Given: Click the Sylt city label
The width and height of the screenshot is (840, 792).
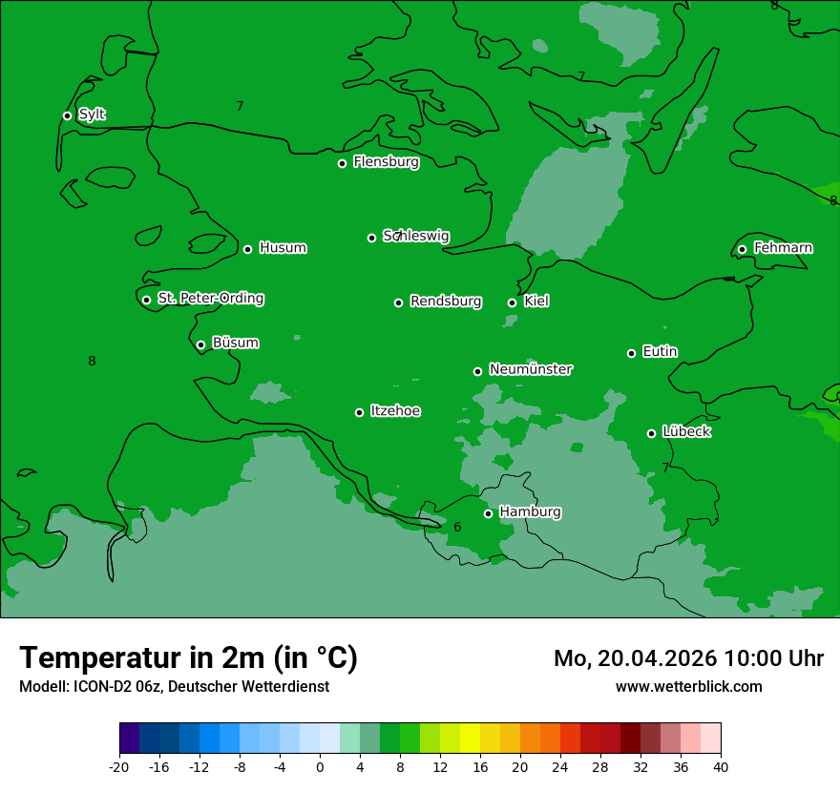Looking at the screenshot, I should pos(92,115).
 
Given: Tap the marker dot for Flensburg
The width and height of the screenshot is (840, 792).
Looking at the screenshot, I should pos(342,163).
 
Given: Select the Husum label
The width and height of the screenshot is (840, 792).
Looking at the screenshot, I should pos(283,248).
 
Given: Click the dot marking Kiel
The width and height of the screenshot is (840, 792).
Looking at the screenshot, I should pos(513,302).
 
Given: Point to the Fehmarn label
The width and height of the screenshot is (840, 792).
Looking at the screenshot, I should pos(783,248).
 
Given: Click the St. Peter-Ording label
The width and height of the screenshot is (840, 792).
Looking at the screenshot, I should pos(210,299).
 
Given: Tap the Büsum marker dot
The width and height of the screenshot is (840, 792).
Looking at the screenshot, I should pos(200,345).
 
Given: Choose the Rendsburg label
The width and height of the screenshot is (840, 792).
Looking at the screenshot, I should pos(445,302).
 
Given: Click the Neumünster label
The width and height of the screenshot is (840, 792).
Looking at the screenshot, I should pos(530,369).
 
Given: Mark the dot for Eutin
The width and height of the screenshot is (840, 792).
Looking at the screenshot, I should pos(631,353).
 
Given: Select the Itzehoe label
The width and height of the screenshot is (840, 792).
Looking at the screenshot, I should pos(394,411).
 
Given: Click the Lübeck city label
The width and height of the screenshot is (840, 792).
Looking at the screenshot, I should pos(685,431).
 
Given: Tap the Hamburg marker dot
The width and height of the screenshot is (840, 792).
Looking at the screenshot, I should pos(488,513).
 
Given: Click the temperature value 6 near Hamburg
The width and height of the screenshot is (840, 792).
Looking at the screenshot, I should pos(457,527).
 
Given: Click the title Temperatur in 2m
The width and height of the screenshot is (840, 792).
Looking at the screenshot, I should pos(188,657).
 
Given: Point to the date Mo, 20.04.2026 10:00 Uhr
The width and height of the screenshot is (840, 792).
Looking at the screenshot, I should pos(688,658).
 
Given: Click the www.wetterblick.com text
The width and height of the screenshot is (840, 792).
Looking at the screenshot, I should pos(688,686).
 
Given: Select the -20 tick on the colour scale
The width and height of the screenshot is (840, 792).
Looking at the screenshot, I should pos(119,766).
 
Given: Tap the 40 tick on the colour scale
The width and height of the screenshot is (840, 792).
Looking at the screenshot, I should pos(721,766).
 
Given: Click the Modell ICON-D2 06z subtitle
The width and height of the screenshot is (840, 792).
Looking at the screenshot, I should pos(174,686).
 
